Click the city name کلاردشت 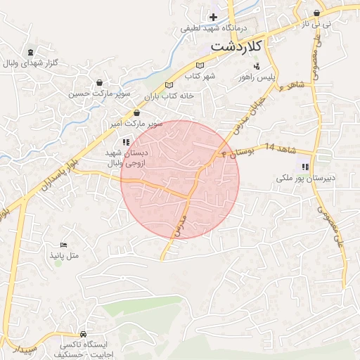(x=236, y=46)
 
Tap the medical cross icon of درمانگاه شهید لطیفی (x=214, y=16)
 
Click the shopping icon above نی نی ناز (x=318, y=13)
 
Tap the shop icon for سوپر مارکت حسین (x=99, y=82)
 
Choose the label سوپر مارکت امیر (x=136, y=123)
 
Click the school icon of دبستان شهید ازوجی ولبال (x=126, y=142)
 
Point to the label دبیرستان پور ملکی (x=304, y=179)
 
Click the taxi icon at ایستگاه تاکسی (x=84, y=334)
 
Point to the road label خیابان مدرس (x=181, y=218)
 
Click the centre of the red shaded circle (x=180, y=179)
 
